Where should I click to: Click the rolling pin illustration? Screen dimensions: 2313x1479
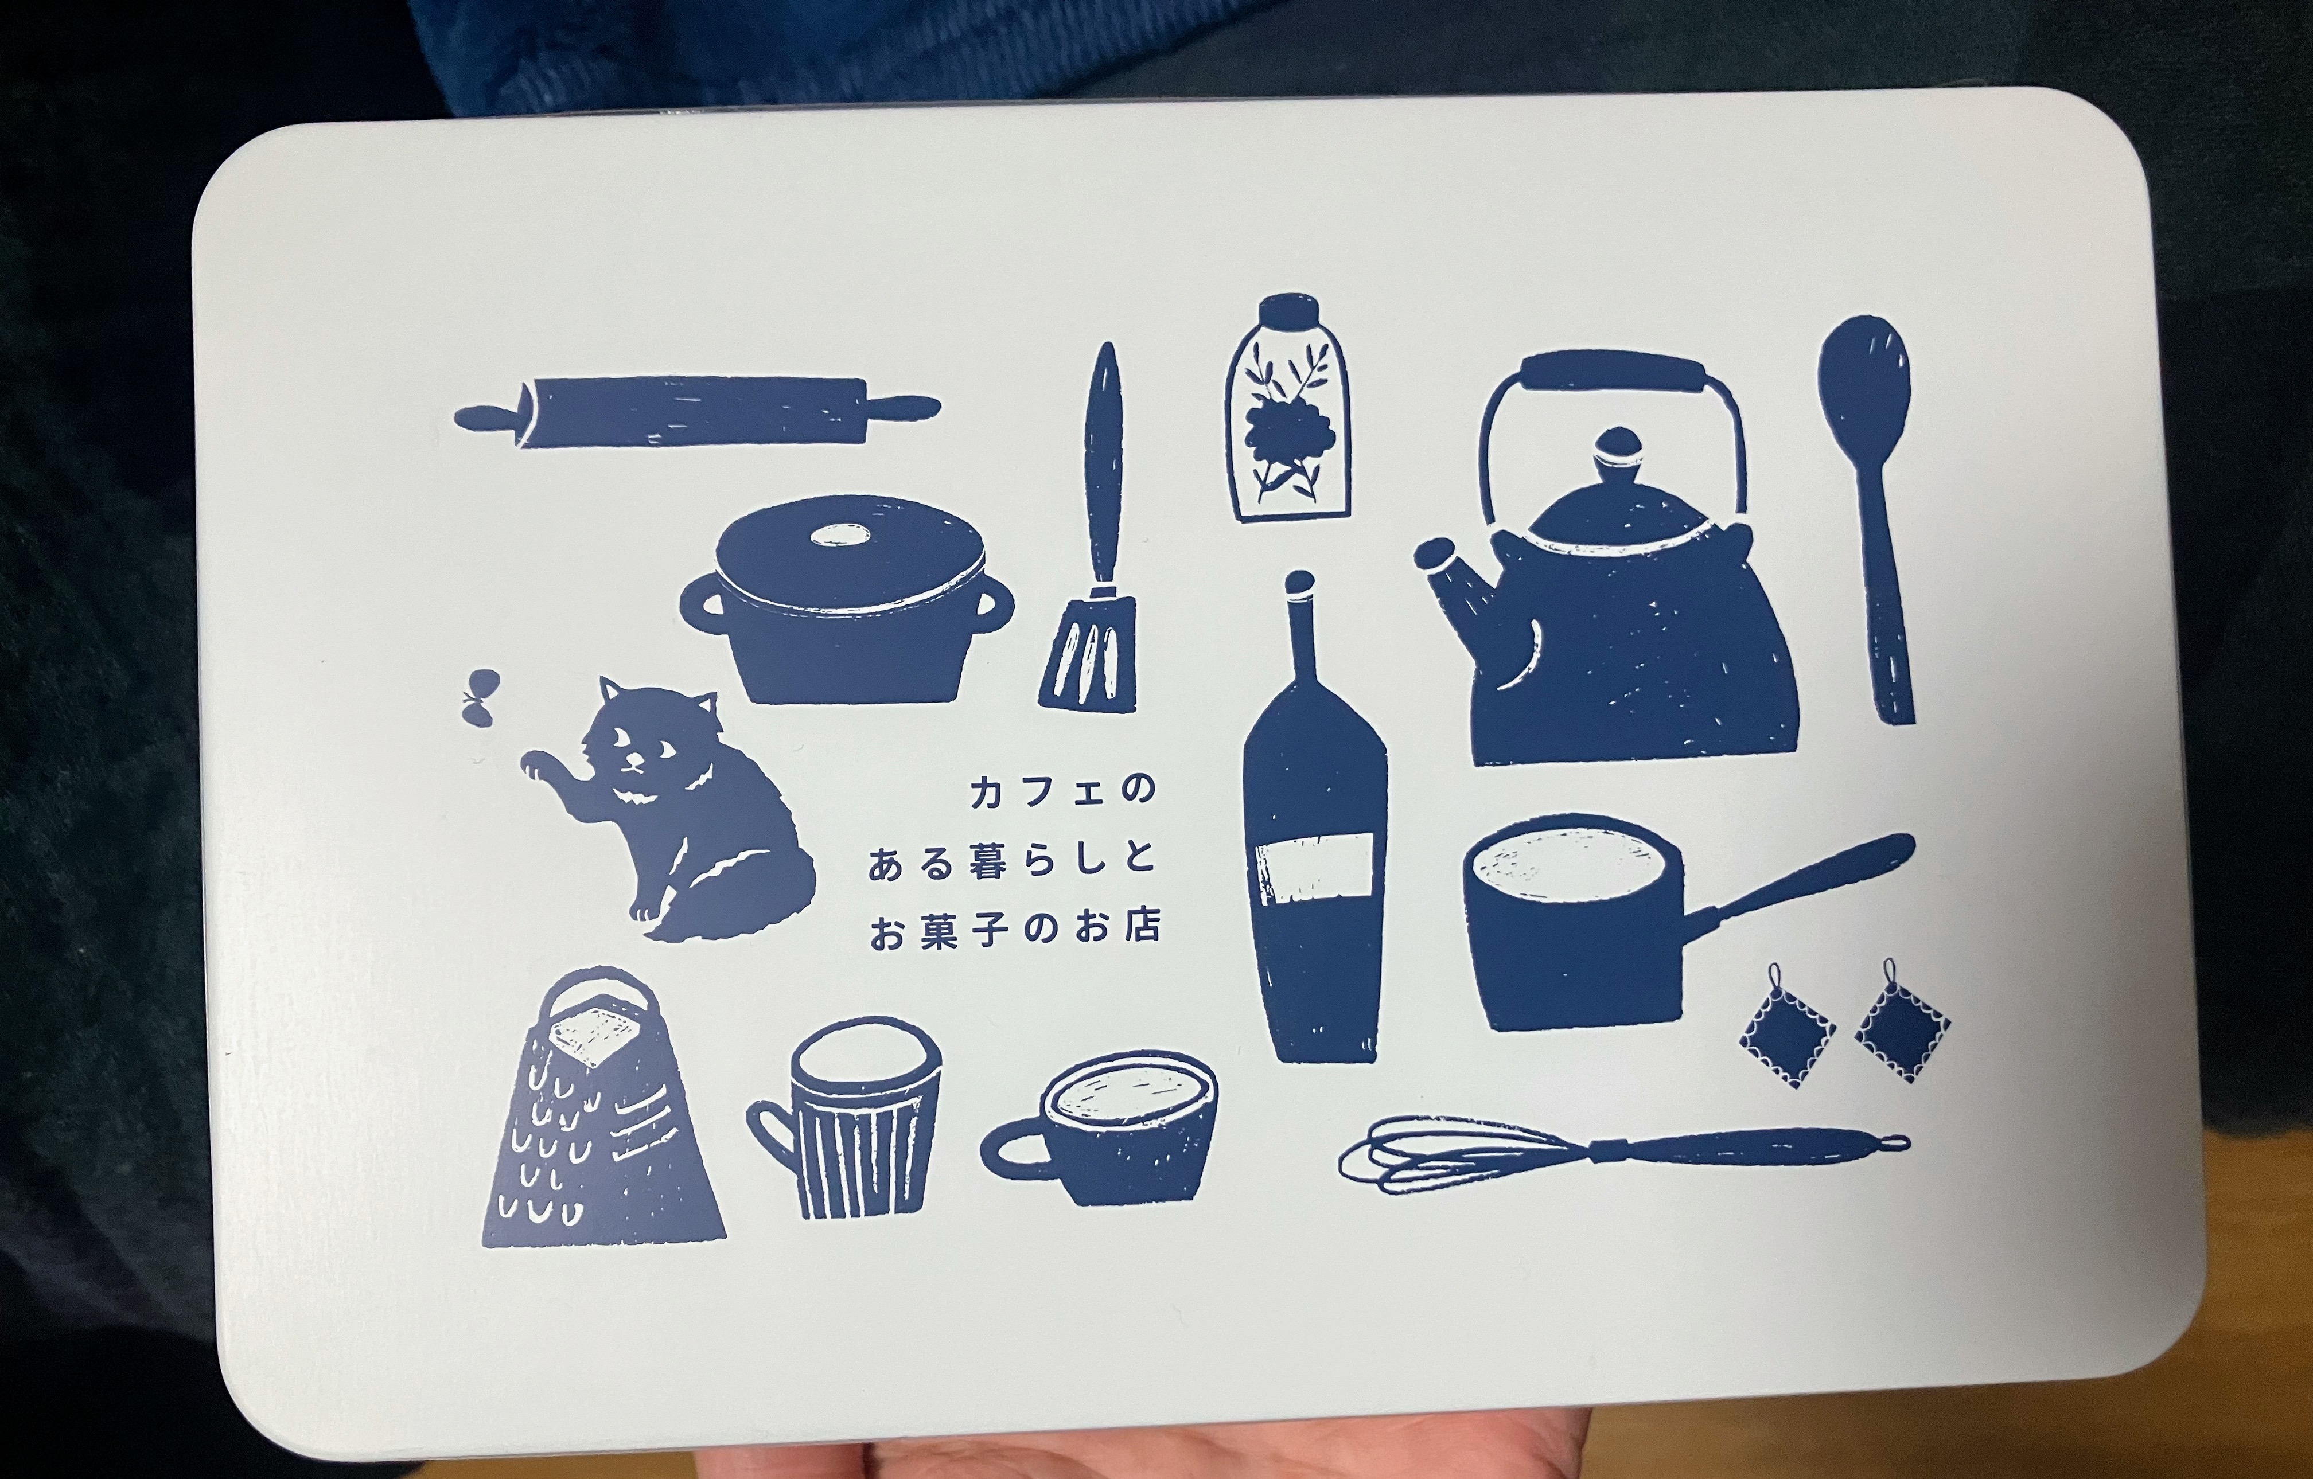696,411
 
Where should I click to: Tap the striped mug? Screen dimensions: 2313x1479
845,1119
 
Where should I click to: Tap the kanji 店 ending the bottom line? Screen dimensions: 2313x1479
1140,927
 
